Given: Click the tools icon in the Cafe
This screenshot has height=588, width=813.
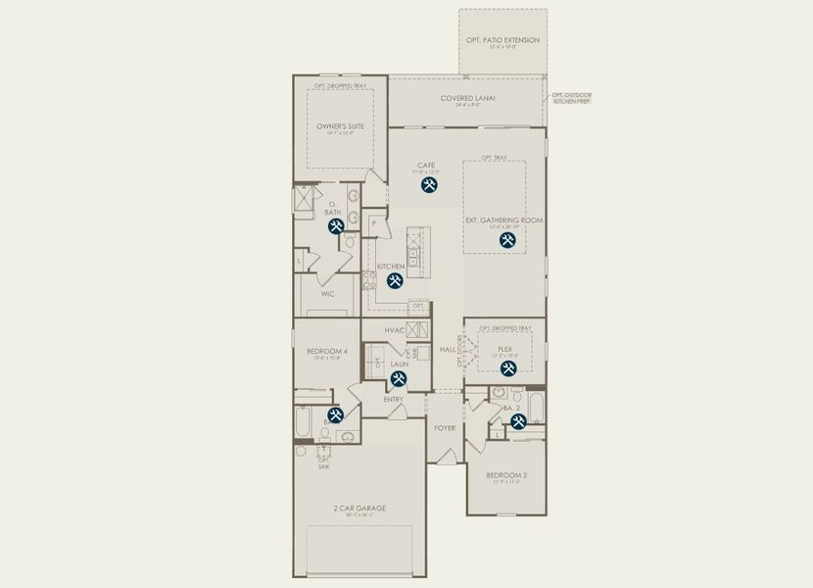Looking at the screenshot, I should (x=429, y=184).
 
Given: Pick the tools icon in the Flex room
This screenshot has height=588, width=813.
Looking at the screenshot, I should (x=508, y=368).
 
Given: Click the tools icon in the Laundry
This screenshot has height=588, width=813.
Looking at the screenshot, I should (x=399, y=379).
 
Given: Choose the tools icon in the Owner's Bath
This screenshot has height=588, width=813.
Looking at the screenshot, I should (x=336, y=226).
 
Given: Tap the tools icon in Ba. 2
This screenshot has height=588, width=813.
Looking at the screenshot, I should (x=518, y=421).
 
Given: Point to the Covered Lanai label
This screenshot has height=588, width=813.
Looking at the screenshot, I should (x=467, y=98).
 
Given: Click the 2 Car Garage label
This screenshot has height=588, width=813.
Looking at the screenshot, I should (x=359, y=508).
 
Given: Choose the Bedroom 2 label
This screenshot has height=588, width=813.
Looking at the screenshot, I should (x=505, y=475).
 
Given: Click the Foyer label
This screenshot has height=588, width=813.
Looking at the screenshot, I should (x=445, y=427).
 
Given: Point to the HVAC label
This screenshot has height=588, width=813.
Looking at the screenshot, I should (x=395, y=330).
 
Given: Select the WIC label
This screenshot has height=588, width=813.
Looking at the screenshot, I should (x=328, y=293).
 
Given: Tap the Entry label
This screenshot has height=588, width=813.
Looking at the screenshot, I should (x=393, y=399).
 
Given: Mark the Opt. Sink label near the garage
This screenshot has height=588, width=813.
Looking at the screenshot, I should (x=323, y=464).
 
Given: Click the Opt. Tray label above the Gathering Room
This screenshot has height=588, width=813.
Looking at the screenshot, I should (x=494, y=158).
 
